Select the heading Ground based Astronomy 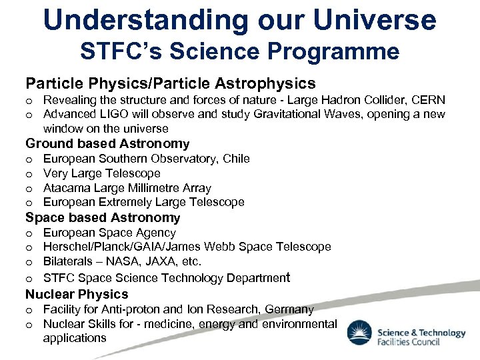click(107, 143)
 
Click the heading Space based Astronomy click(103, 217)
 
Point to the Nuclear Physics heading click(77, 294)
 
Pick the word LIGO click(109, 114)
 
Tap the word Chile click(237, 159)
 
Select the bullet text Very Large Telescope click(101, 173)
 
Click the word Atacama click(65, 188)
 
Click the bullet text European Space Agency click(109, 233)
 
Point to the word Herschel click(65, 247)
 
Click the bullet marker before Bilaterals click(29, 262)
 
